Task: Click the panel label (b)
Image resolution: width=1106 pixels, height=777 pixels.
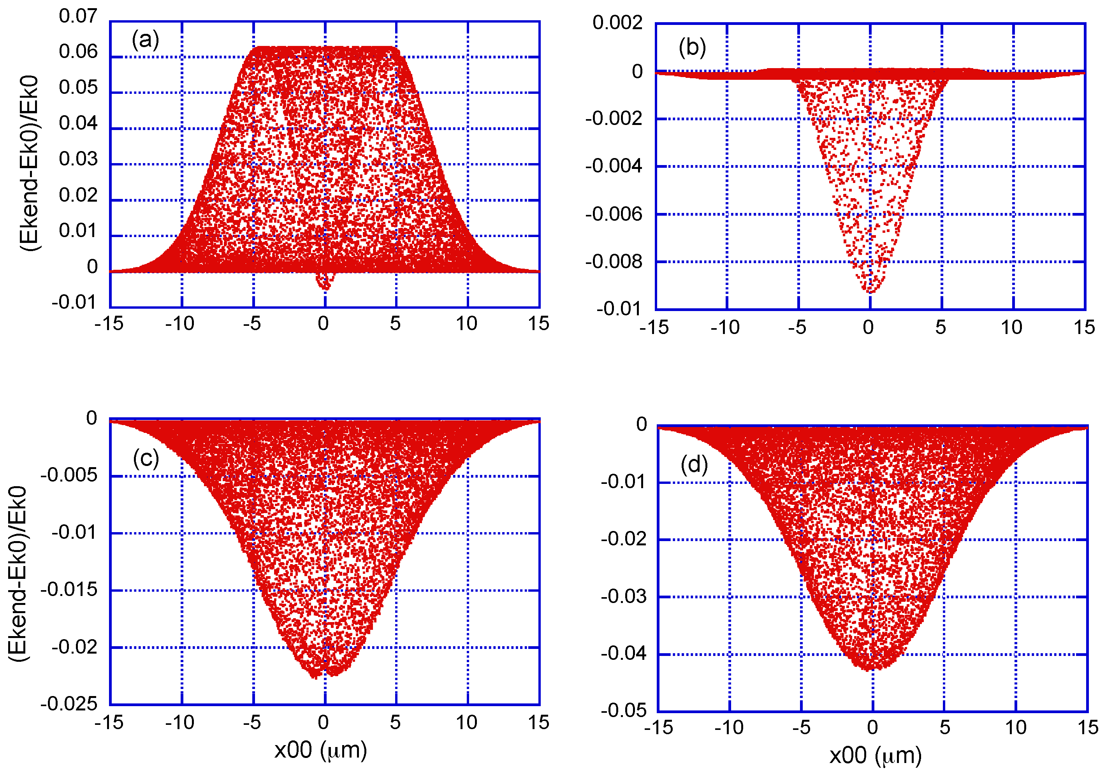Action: pos(692,48)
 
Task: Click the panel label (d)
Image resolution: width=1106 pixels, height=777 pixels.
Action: pos(694,465)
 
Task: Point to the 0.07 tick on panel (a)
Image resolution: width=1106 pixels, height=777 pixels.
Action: pos(78,16)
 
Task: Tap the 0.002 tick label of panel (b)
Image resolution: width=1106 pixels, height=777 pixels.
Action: pos(617,23)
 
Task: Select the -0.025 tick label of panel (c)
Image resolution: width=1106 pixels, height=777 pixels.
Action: pos(69,704)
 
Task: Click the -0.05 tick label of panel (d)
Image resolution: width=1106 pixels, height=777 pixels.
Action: pos(623,710)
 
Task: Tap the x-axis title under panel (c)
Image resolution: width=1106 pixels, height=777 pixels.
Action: pos(321,750)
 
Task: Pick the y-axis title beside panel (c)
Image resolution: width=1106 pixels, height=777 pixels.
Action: pos(18,573)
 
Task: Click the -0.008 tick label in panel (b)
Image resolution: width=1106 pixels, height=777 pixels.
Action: pos(614,262)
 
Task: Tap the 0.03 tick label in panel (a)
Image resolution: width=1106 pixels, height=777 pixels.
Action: pos(78,159)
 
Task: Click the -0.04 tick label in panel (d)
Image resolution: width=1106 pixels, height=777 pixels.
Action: pos(623,653)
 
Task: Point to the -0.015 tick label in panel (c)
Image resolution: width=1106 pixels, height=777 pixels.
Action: pos(69,590)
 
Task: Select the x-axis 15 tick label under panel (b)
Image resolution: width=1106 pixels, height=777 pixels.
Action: pos(1084,327)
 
